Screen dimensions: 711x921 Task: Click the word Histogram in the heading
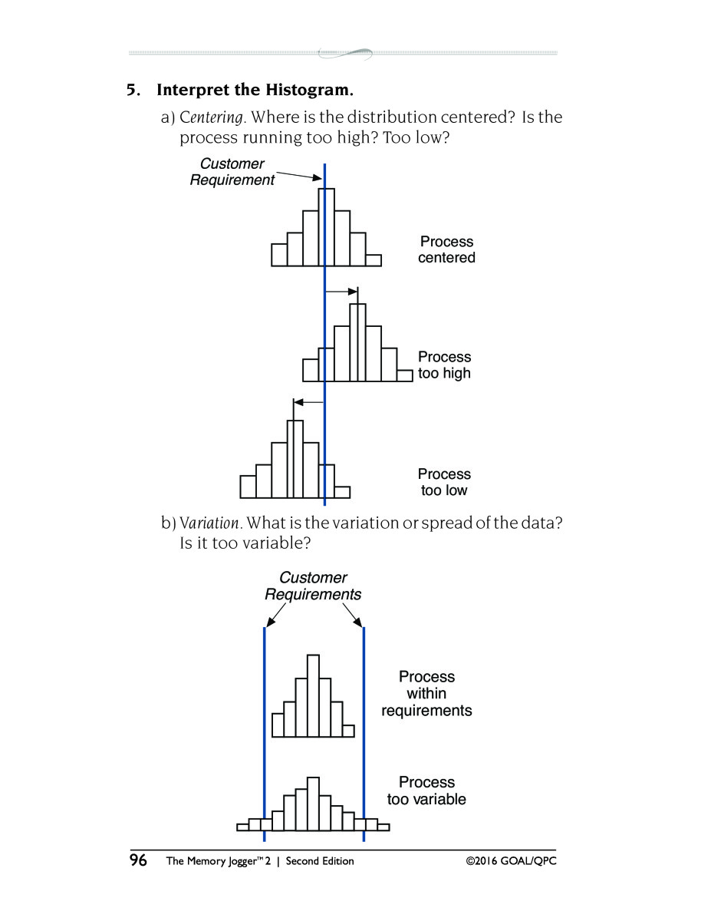[x=309, y=90]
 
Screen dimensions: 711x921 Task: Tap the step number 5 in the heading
[x=133, y=90]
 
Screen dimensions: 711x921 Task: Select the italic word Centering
[x=212, y=117]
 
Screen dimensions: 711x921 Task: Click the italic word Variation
[x=209, y=523]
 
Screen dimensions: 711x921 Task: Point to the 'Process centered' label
[x=446, y=249]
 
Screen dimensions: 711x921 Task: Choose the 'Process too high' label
[x=444, y=365]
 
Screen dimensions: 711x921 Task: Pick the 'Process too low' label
[x=444, y=482]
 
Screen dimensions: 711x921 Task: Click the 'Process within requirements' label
[x=426, y=693]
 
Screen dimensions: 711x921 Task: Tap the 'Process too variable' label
[x=426, y=791]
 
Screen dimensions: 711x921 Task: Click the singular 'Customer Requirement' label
[x=232, y=172]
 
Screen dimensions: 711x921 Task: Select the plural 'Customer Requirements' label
[x=313, y=586]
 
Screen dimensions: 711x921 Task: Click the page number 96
[x=138, y=860]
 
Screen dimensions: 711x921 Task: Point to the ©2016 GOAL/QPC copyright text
[x=511, y=861]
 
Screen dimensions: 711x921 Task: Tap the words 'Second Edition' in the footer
[x=320, y=861]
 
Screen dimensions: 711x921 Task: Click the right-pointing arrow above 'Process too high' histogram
[x=341, y=292]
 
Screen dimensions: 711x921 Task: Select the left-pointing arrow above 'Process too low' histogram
[x=308, y=402]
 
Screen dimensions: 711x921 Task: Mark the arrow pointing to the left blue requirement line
[x=275, y=615]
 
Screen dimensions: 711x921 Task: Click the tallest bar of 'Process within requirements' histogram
[x=313, y=696]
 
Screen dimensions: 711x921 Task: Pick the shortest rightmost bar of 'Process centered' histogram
[x=373, y=260]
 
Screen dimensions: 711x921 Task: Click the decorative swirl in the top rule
[x=345, y=54]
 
